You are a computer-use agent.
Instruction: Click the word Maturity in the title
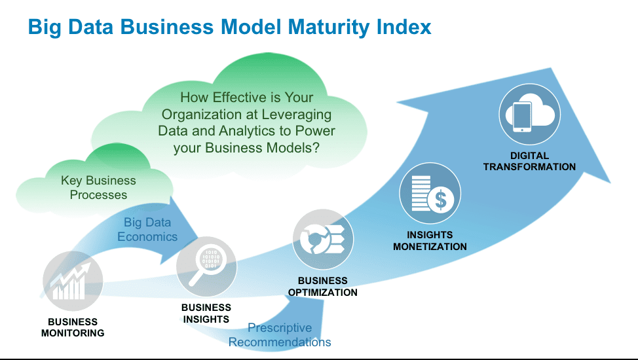(328, 27)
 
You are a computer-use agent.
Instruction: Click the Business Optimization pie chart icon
(323, 239)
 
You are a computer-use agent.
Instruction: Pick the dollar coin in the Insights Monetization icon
(441, 200)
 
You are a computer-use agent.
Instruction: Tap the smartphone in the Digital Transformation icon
(522, 117)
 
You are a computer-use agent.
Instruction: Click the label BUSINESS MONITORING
(73, 327)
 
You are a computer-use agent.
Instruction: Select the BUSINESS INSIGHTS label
(206, 314)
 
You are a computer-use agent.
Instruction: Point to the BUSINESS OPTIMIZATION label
(323, 287)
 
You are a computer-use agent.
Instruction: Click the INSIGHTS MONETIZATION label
(430, 240)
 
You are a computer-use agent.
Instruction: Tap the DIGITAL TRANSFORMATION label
(529, 161)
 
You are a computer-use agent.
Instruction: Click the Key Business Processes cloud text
(98, 187)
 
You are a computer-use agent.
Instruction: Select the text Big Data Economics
(147, 230)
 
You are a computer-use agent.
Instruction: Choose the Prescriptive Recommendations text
(280, 334)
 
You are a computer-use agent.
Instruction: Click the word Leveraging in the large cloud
(296, 115)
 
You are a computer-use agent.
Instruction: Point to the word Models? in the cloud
(293, 147)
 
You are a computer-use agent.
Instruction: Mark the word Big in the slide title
(45, 27)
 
